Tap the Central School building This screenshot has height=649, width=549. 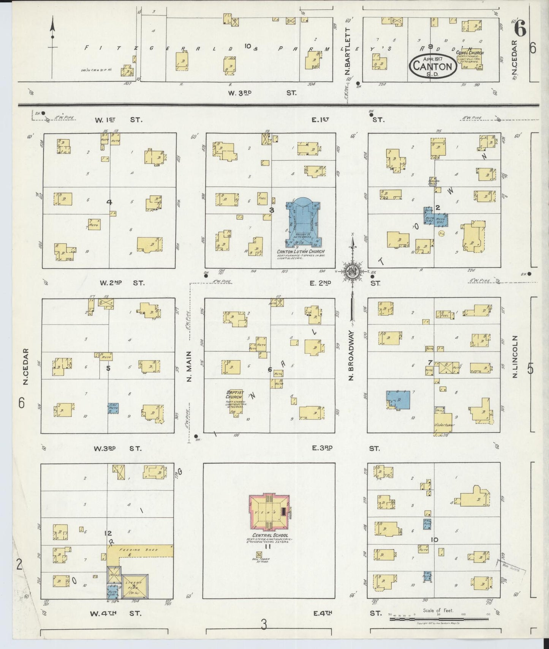pos(269,513)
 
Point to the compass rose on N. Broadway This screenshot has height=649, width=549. pos(352,271)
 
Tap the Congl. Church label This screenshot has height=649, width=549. pos(470,53)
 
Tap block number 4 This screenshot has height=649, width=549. pos(109,202)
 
